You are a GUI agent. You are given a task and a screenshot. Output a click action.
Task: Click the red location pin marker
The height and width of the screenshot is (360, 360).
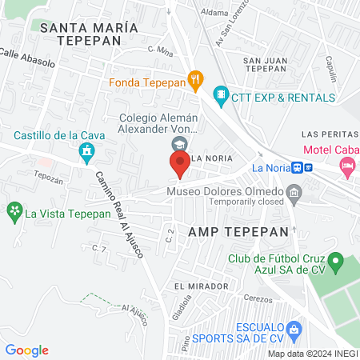[x=179, y=165]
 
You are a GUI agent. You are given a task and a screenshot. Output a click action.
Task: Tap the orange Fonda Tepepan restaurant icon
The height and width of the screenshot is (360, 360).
[x=194, y=80]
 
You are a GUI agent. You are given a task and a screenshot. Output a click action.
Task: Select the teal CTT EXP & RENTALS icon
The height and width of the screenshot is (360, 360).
[x=222, y=97]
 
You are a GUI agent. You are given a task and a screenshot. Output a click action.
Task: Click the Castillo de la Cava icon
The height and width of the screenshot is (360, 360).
[x=86, y=150]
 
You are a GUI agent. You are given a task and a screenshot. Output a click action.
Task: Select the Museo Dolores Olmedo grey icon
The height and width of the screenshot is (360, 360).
[x=294, y=192]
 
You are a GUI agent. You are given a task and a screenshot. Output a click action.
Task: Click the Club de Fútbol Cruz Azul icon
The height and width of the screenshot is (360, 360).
[x=337, y=262]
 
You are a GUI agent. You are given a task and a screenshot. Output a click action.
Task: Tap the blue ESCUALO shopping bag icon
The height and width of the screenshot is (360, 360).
[x=294, y=328]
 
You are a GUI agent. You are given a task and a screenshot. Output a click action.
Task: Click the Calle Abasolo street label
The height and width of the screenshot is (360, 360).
[x=27, y=57]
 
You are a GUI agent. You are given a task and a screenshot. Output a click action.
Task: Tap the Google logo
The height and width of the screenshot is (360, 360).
[x=27, y=350]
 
